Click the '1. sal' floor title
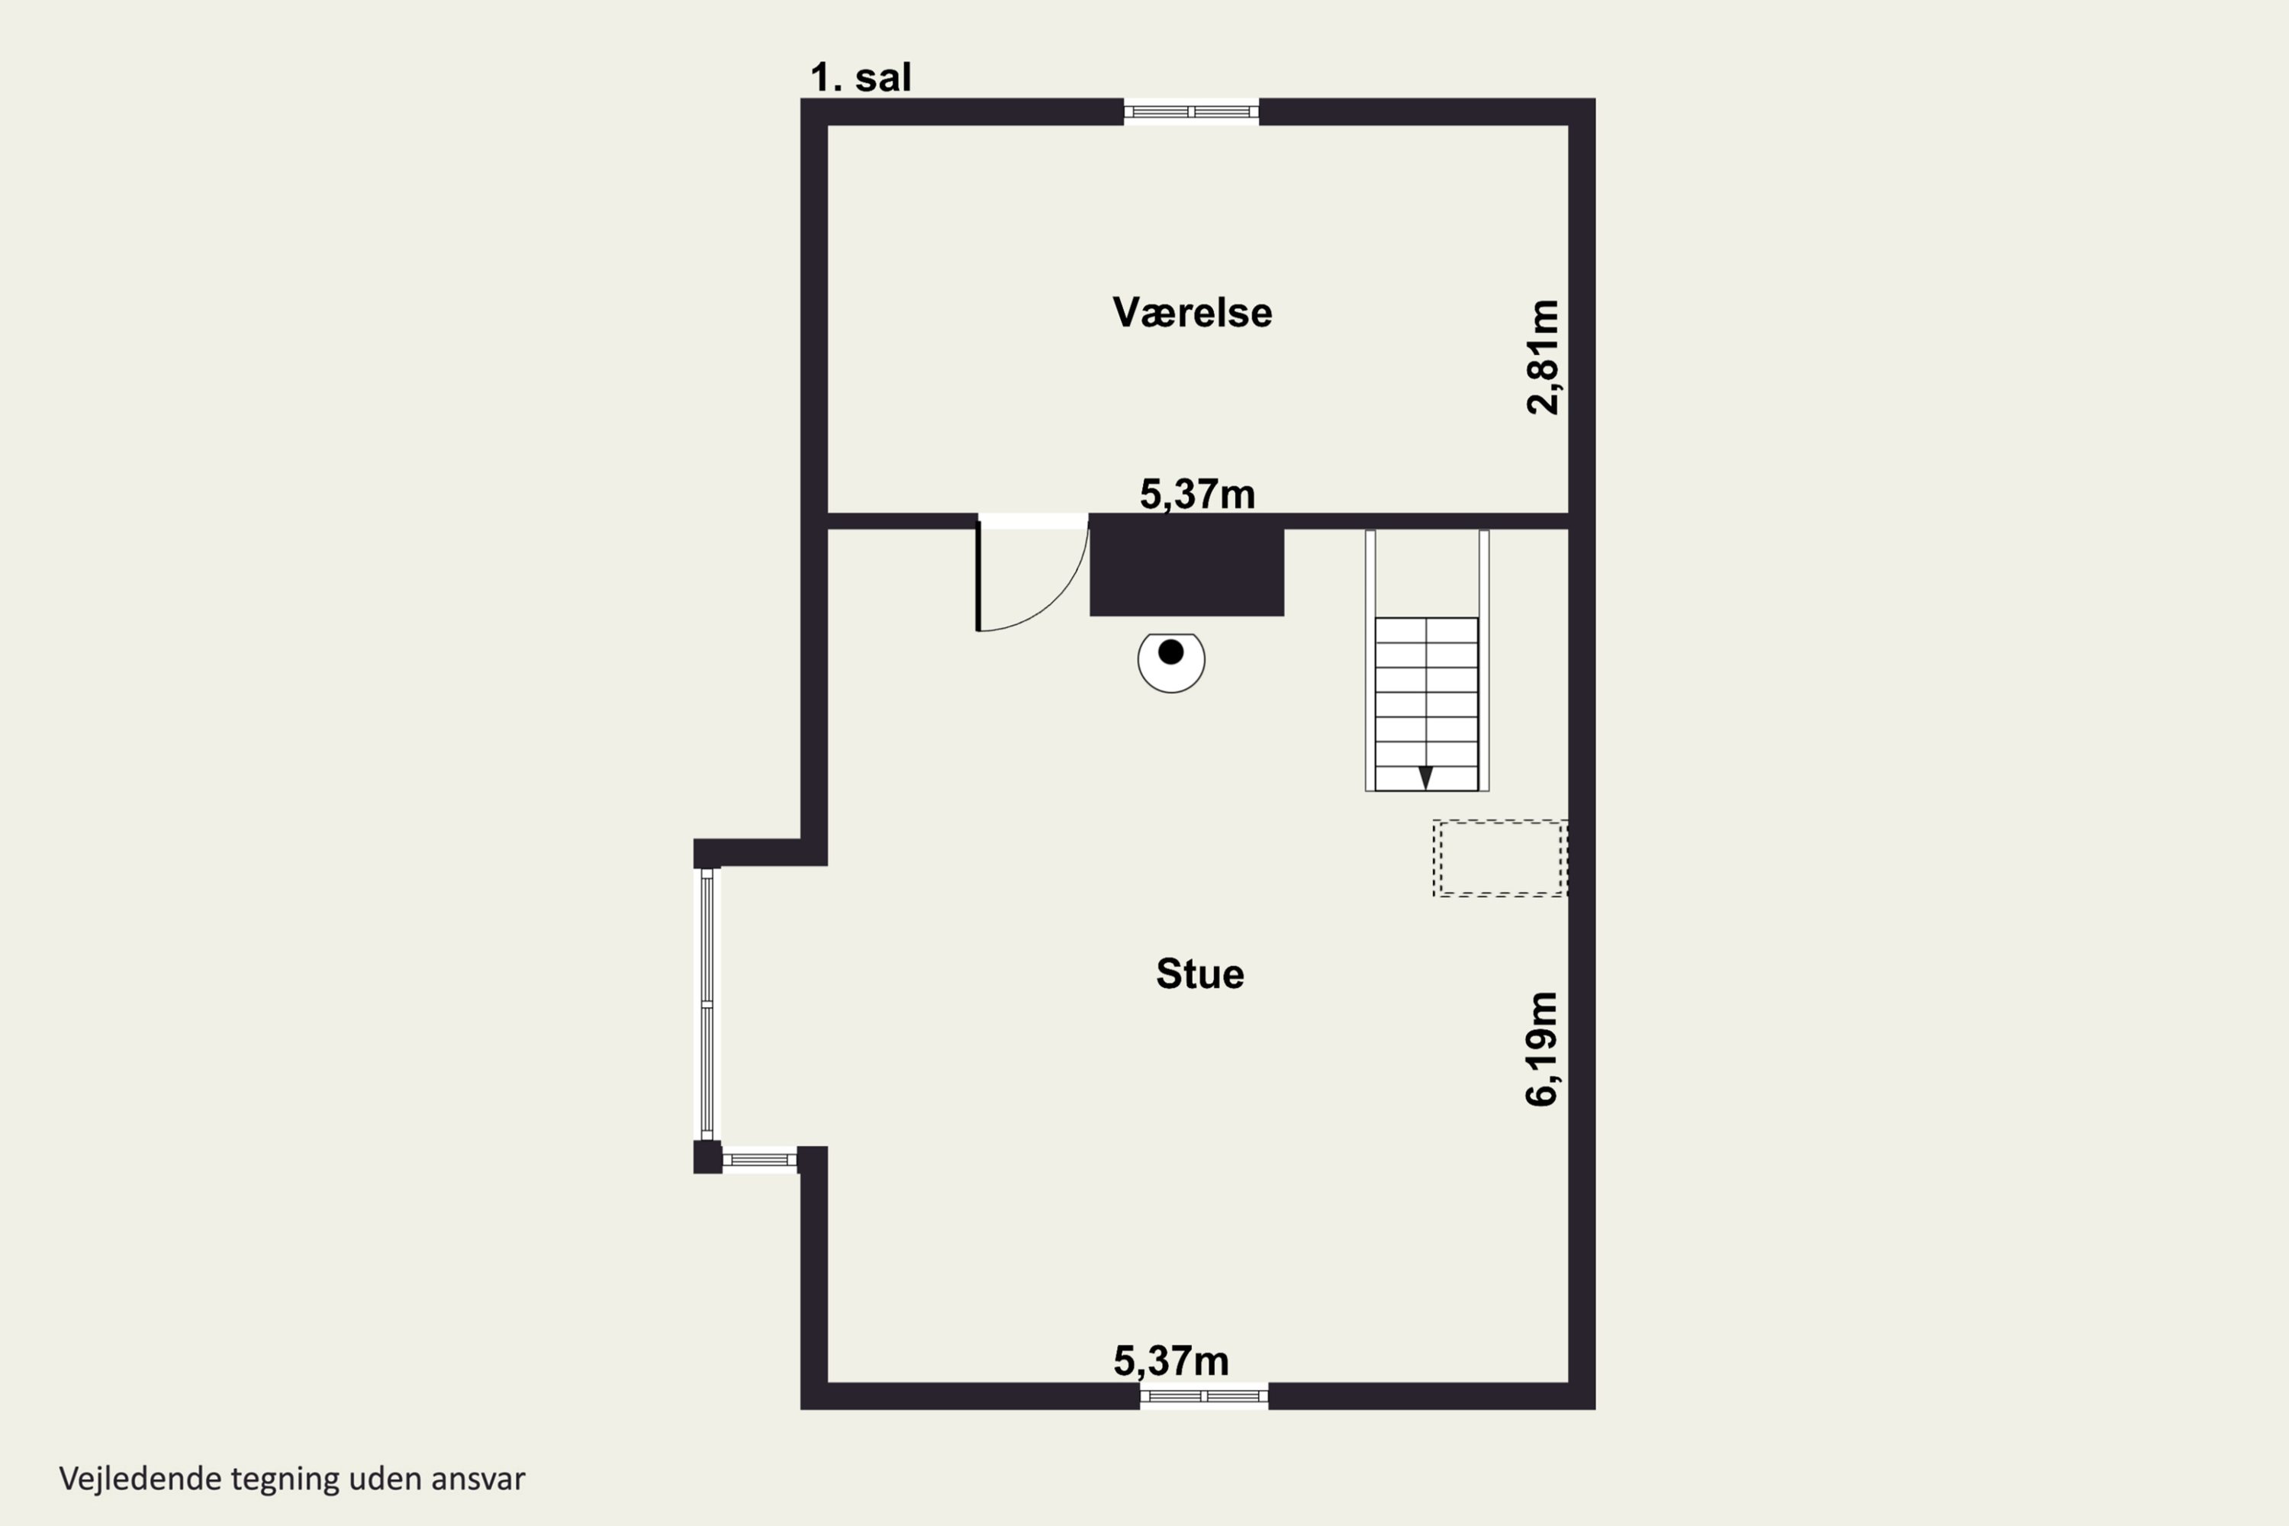coord(861,78)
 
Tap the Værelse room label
coord(1192,312)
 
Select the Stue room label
coord(1200,974)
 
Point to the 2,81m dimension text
coord(1543,357)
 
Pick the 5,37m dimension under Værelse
coord(1197,494)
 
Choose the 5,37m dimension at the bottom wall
coord(1170,1360)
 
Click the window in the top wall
coord(1191,112)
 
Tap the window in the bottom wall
coord(1204,1396)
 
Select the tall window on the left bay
coord(707,1003)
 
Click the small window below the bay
coord(759,1159)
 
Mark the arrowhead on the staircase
coord(1426,777)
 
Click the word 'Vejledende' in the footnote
coord(140,1479)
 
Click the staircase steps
coord(1427,703)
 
